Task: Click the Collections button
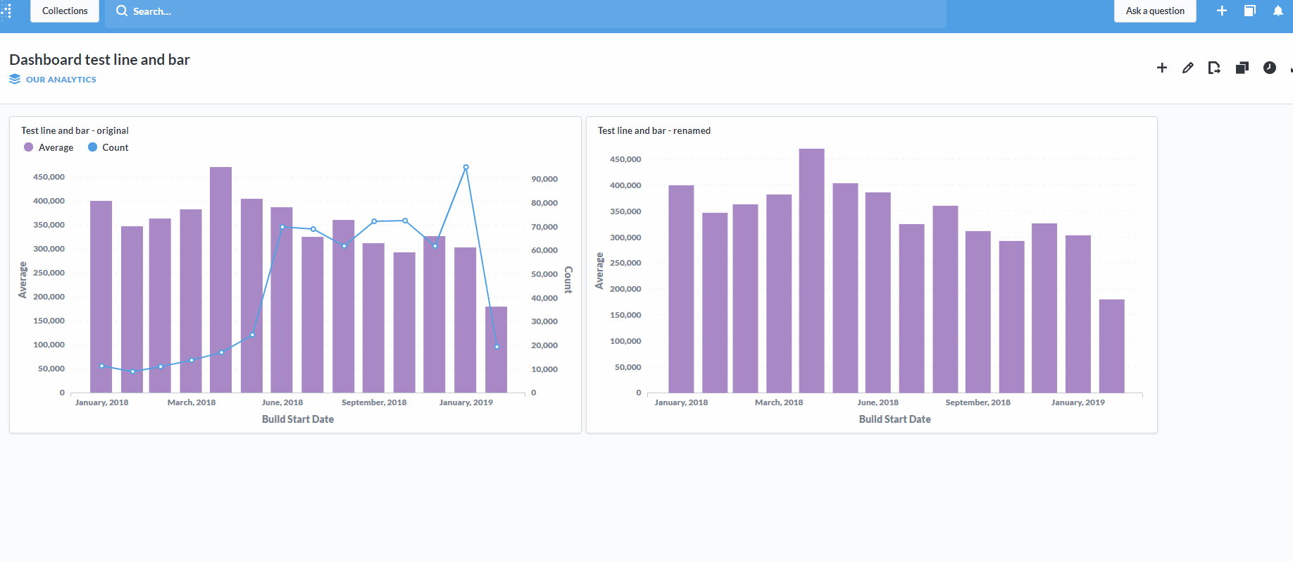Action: [65, 11]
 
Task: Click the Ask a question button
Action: [1154, 11]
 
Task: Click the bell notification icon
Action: [1278, 11]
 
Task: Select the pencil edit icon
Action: [1188, 68]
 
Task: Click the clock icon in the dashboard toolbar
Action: [1269, 68]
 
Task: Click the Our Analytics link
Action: [61, 80]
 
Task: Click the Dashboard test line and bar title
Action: [99, 60]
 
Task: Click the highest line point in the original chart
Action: [466, 168]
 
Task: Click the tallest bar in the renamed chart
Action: [811, 271]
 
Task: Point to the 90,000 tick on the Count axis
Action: [544, 179]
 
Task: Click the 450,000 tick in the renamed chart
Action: [625, 159]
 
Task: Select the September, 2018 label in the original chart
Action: [374, 402]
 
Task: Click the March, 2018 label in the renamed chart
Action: [779, 402]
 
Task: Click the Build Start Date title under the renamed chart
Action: [894, 419]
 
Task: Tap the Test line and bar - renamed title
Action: [654, 130]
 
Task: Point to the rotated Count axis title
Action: [568, 280]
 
